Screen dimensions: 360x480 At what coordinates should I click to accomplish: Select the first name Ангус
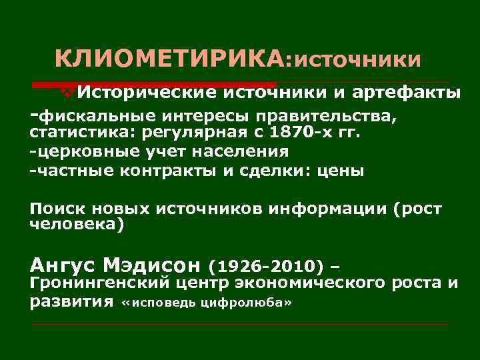63,266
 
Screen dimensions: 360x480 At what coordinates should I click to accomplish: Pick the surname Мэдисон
153,266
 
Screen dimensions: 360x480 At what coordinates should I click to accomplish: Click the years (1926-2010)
266,267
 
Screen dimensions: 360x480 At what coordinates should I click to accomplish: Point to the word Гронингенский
99,284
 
